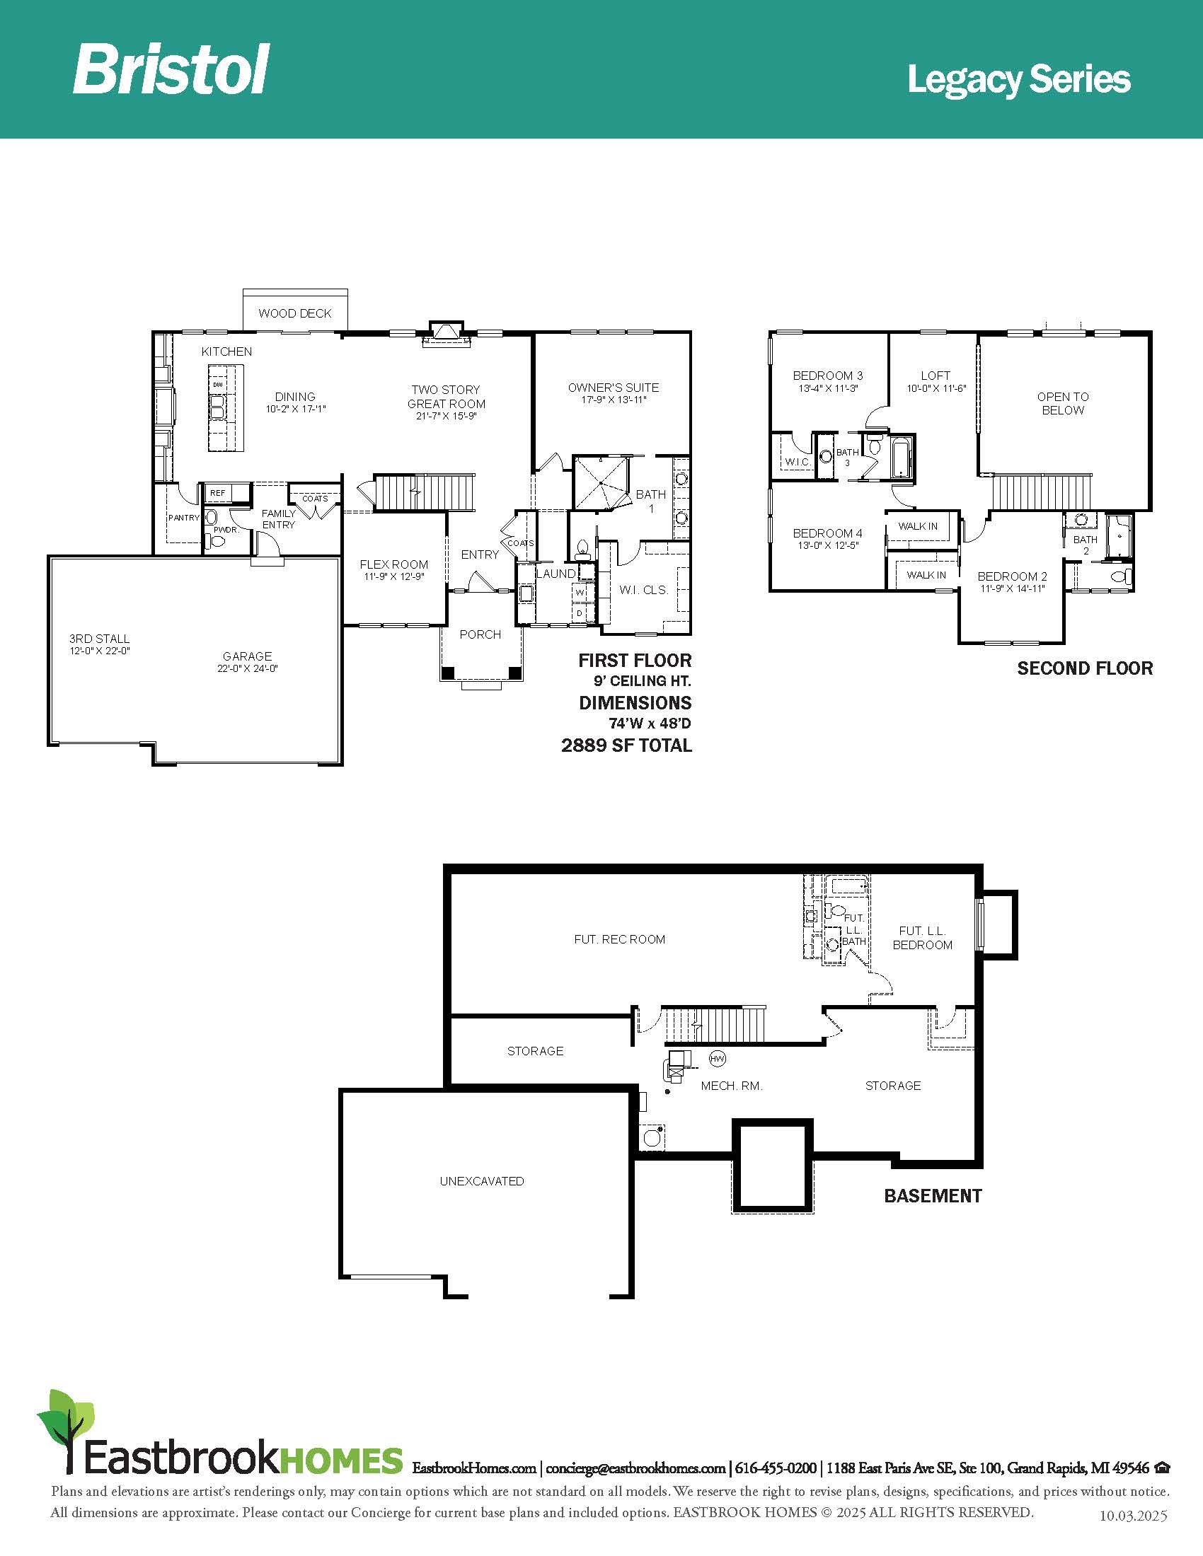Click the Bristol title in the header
[171, 69]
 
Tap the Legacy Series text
[1018, 81]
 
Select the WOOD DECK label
[295, 313]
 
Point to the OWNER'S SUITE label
[614, 388]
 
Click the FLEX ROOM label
[394, 565]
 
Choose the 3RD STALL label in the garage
[99, 639]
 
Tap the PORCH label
[480, 635]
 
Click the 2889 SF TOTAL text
[626, 746]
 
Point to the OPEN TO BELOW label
[1063, 403]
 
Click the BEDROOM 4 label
[827, 533]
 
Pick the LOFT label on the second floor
[936, 376]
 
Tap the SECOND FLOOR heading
[1085, 668]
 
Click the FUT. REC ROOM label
[619, 940]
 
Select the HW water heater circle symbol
[718, 1059]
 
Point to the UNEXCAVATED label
[482, 1181]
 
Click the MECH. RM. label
[732, 1086]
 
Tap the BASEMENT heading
[933, 1195]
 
